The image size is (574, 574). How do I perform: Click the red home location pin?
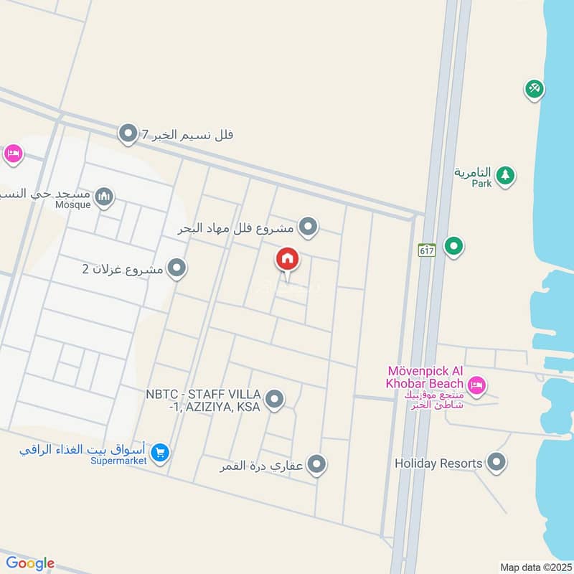tap(288, 259)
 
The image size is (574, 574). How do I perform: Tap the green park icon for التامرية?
tap(505, 175)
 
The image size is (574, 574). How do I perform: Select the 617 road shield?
tap(428, 250)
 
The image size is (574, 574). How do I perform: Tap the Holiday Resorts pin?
tap(496, 463)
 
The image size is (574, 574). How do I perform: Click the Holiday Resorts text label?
tap(438, 464)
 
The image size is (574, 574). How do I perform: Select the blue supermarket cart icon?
tap(161, 452)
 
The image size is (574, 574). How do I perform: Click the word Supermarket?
tap(118, 461)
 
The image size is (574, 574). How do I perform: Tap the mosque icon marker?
tap(105, 196)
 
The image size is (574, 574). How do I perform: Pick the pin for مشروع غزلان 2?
tap(177, 269)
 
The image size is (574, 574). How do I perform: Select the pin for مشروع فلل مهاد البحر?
tap(309, 227)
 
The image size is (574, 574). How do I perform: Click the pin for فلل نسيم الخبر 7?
tap(128, 133)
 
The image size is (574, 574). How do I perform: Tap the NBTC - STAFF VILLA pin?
tap(274, 400)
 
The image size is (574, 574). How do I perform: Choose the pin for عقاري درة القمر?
tap(316, 464)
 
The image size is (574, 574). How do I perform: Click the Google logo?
tap(29, 563)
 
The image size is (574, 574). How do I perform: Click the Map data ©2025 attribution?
tap(535, 567)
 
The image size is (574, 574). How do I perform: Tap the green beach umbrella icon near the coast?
tap(534, 89)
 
